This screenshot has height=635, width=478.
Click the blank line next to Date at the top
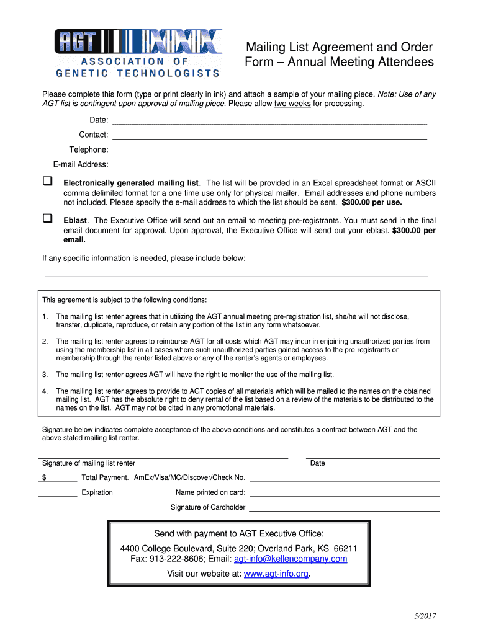coord(269,123)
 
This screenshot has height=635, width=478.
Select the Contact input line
coord(269,138)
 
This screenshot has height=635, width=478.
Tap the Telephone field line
coord(269,153)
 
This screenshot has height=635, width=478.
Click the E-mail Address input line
coord(269,167)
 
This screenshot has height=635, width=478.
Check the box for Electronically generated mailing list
coord(47,182)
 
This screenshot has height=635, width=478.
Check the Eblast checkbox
coord(47,218)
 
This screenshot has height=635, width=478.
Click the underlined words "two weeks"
coord(292,104)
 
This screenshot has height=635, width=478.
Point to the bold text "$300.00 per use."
coord(372,202)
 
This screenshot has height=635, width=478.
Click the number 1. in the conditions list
coord(45,316)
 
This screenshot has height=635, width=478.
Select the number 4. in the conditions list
coord(45,391)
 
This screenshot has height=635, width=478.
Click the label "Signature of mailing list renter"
coord(88,463)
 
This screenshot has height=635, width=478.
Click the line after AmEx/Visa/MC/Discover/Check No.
coord(345,480)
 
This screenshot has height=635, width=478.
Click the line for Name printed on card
coord(345,495)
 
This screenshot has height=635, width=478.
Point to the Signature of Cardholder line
coord(345,510)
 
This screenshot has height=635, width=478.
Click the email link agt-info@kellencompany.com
coord(291,559)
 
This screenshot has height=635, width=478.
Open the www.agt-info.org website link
coord(276,574)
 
